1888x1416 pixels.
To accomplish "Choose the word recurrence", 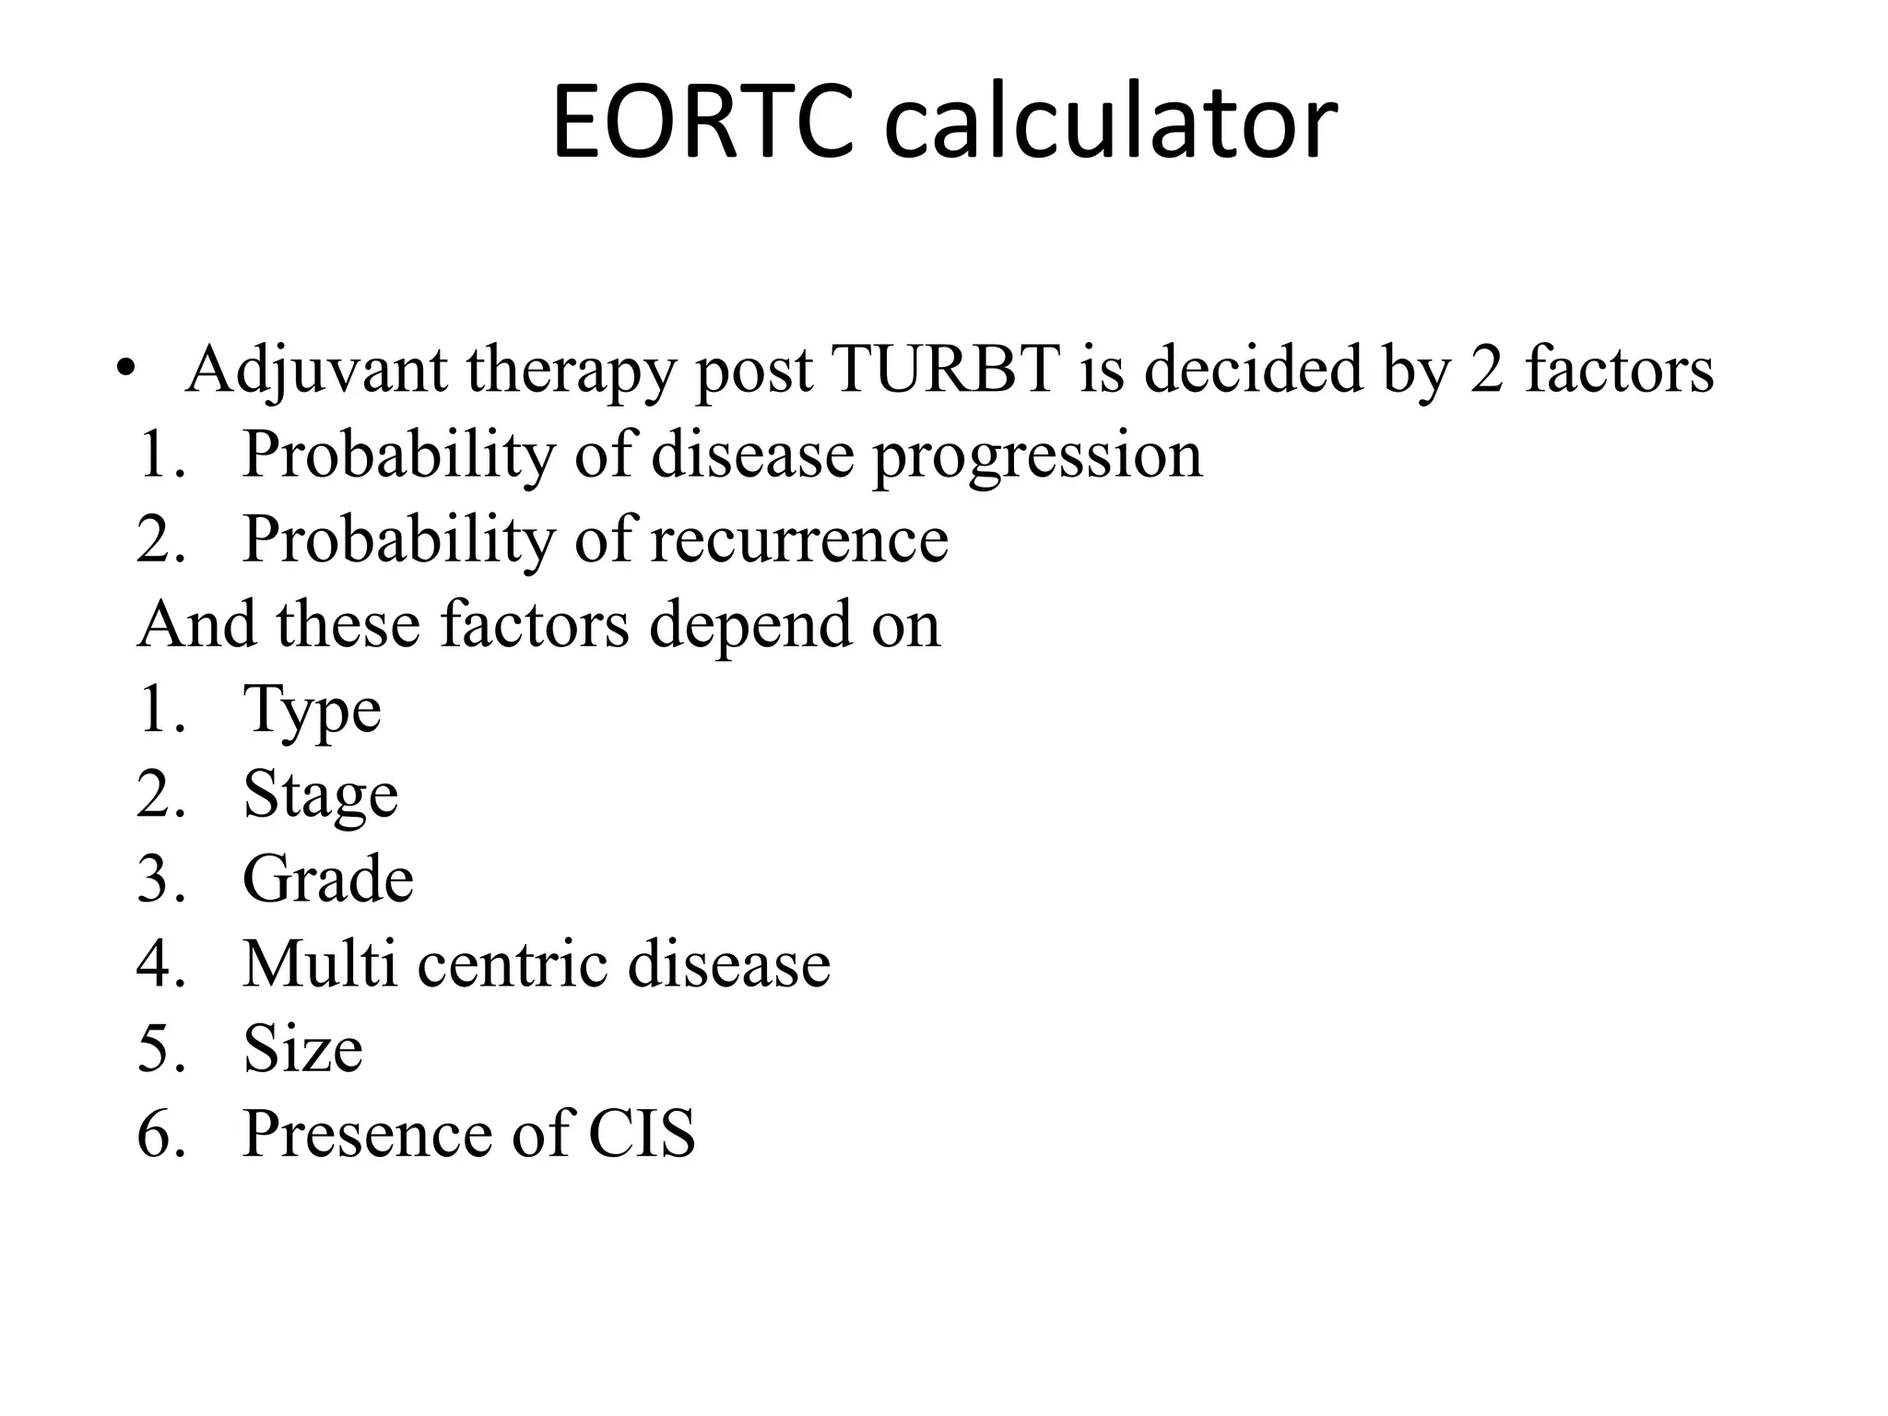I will coord(799,539).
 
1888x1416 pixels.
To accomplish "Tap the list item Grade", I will coord(327,879).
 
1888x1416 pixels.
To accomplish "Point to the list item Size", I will coord(302,1049).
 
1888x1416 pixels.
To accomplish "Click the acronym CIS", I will coord(642,1133).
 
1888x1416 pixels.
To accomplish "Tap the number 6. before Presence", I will coord(162,1133).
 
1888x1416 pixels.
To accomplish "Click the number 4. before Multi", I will coord(162,964).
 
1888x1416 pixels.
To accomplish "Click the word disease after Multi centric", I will coord(728,964).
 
